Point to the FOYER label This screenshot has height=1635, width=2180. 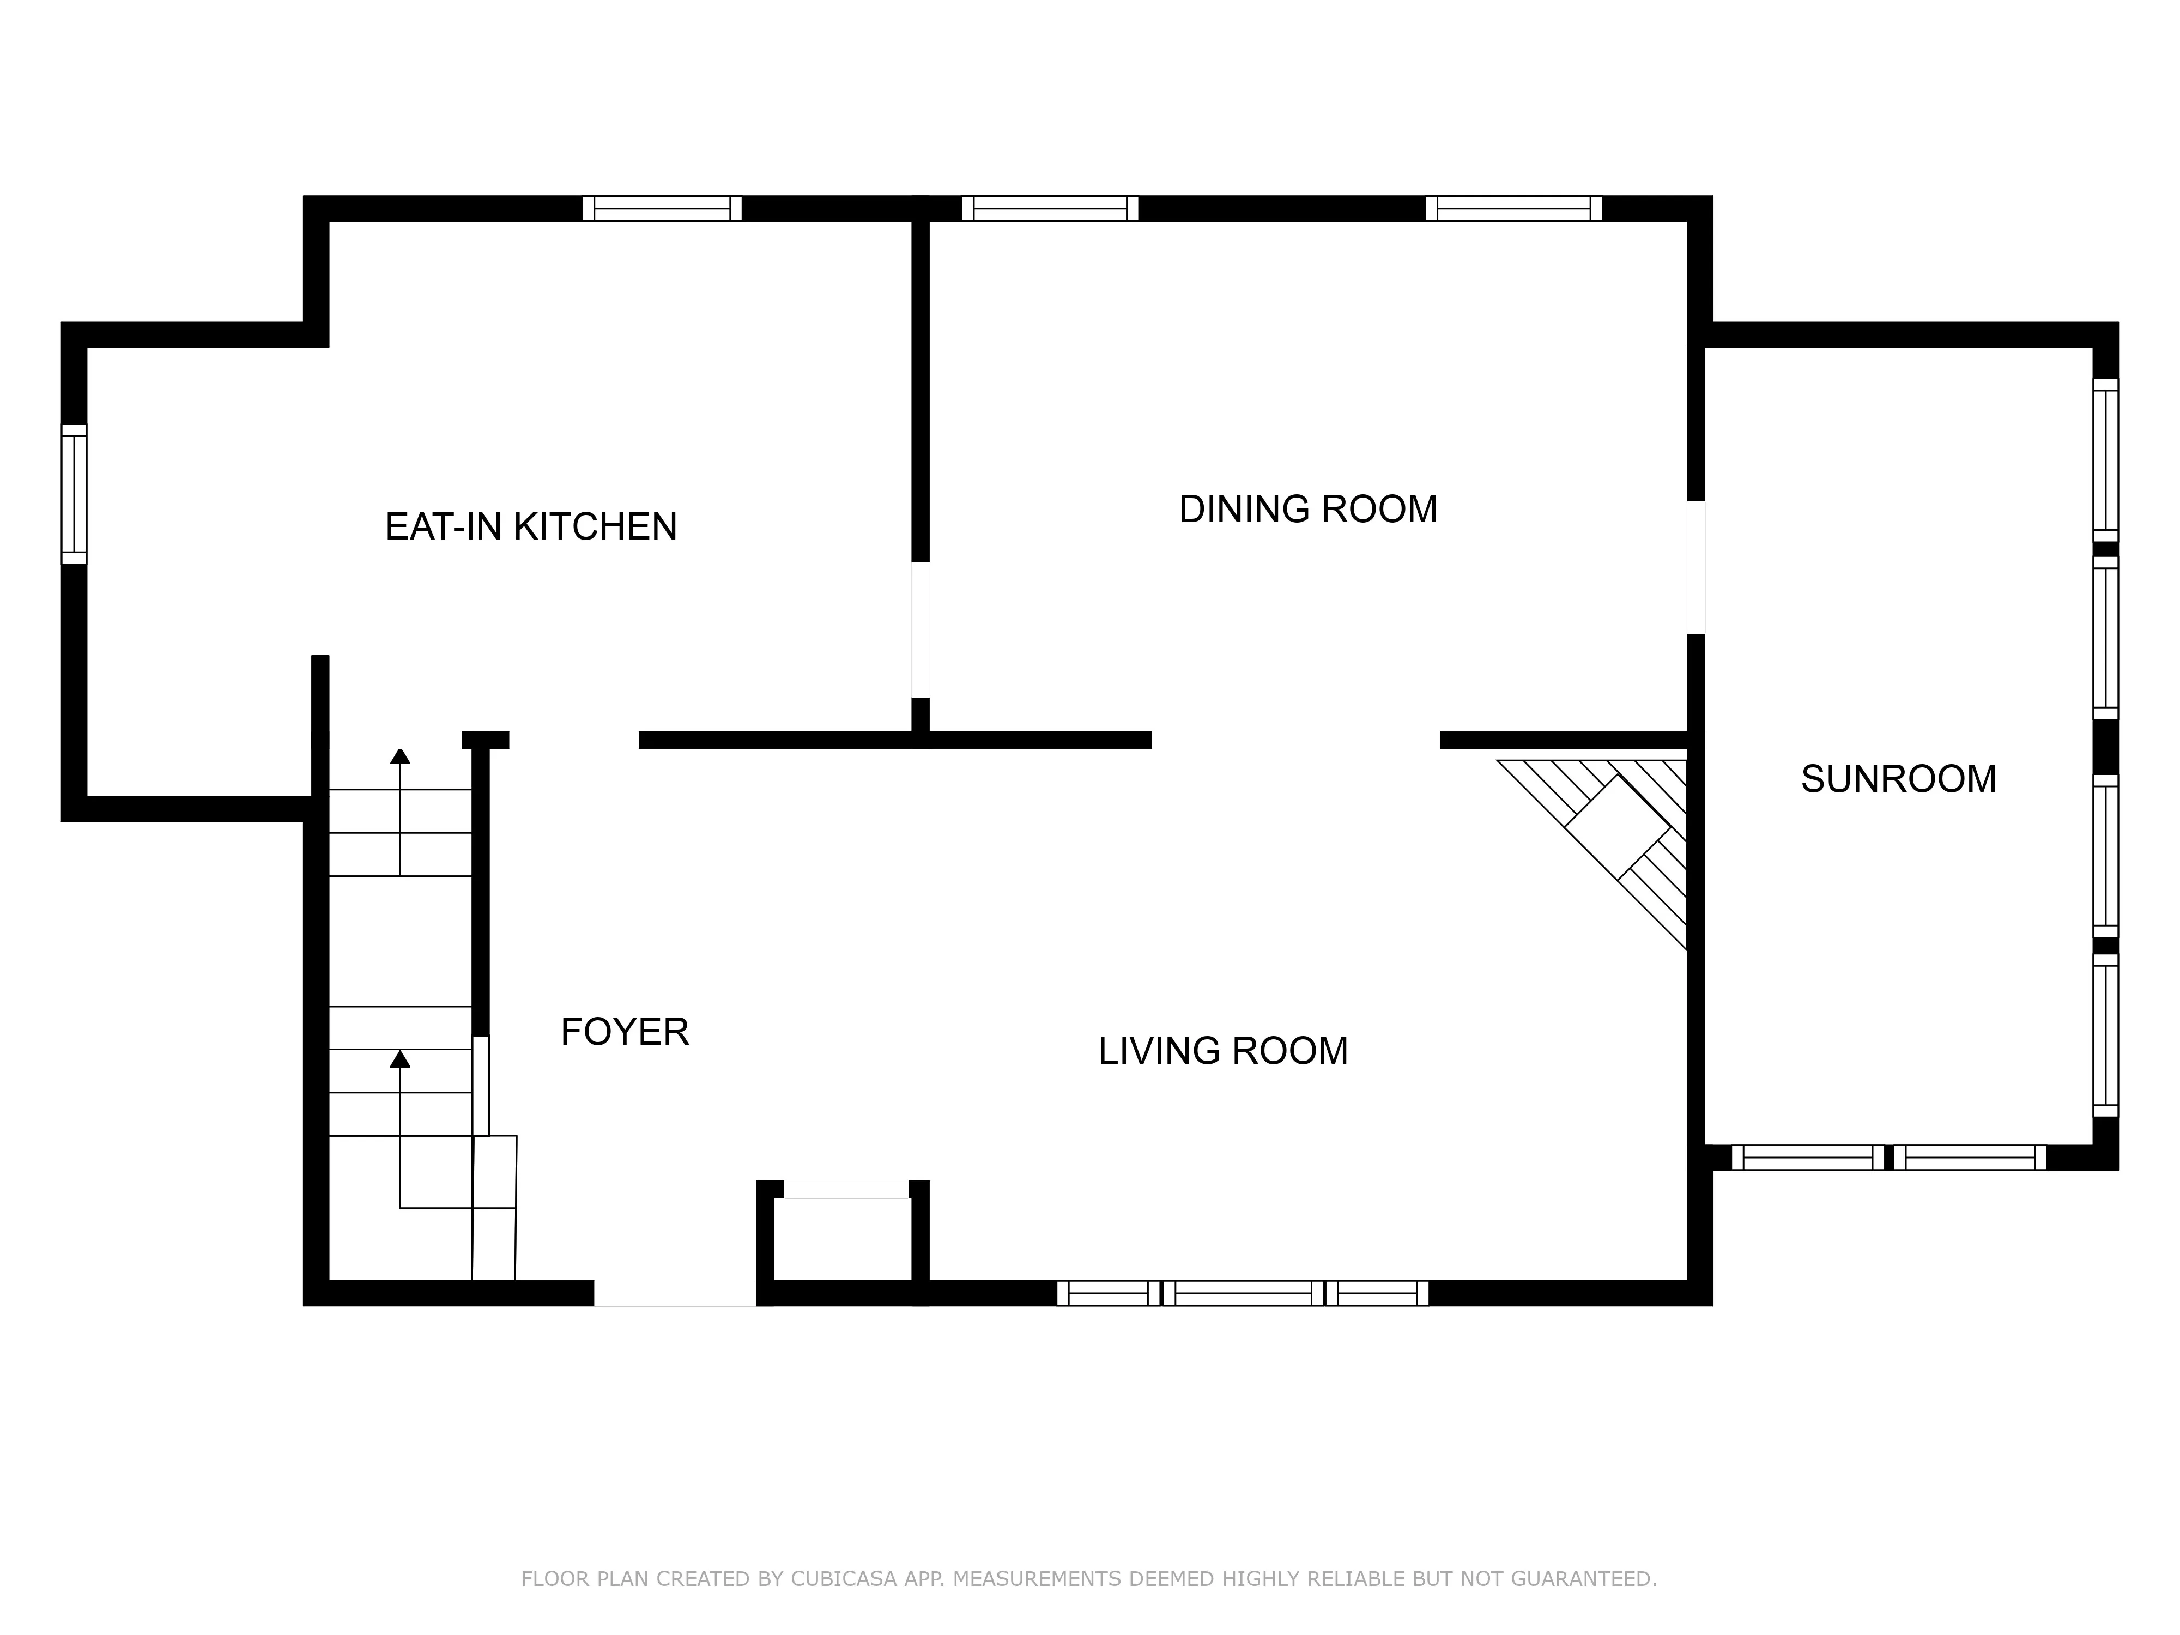(x=624, y=1032)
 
